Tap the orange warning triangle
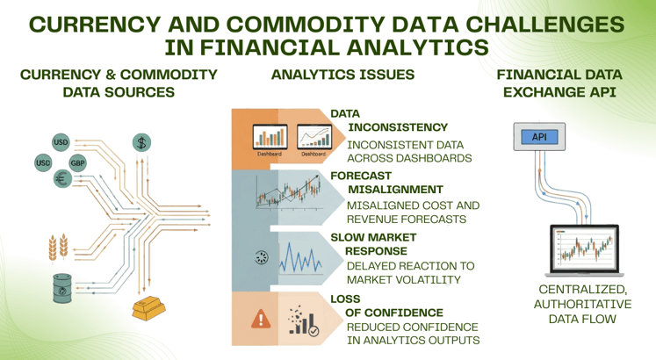coord(261,319)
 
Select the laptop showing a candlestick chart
coord(582,251)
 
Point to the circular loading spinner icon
coord(259,257)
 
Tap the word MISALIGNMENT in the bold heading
coord(396,189)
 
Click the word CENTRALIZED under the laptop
coord(581,289)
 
